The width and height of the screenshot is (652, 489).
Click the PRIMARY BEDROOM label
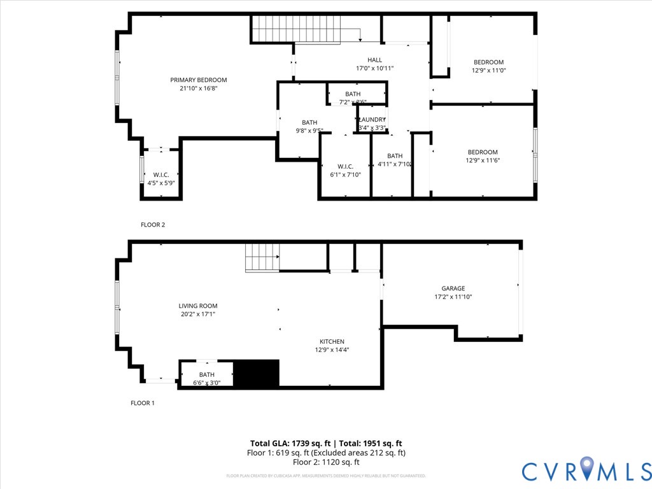198,80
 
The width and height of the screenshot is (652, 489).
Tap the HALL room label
374,60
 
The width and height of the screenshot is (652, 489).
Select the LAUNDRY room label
372,120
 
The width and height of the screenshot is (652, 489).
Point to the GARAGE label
453,288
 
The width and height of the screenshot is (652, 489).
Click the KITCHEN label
332,341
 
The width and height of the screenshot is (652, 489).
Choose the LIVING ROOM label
198,306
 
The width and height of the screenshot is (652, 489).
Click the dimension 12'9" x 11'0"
488,71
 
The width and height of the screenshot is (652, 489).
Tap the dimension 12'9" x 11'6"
483,160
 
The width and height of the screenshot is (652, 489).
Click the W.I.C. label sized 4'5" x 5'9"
160,174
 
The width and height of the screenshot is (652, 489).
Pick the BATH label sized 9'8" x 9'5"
309,122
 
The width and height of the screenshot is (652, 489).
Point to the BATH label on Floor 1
206,374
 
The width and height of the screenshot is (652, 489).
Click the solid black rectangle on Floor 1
257,374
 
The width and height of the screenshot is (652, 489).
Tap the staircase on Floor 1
262,257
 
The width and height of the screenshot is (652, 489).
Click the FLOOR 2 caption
153,225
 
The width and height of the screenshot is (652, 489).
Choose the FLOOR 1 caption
143,403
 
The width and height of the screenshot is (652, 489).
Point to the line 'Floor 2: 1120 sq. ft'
326,463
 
